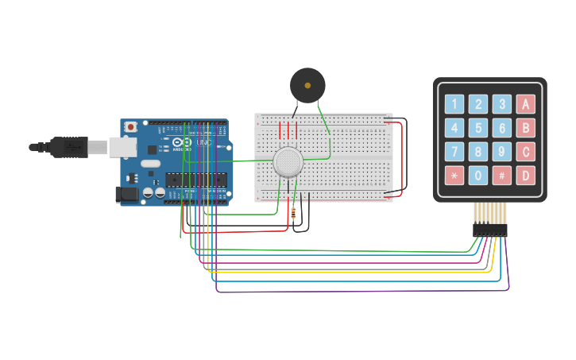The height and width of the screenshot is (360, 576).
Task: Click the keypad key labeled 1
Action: pos(454,103)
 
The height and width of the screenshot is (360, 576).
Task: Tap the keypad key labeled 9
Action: pos(501,151)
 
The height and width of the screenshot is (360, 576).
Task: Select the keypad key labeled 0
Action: pos(477,175)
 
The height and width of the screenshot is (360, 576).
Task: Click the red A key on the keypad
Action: pos(525,103)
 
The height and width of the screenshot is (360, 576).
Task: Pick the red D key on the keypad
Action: pos(525,175)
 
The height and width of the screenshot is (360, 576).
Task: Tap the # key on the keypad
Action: pos(501,175)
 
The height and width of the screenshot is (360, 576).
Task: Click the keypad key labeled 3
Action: pos(501,103)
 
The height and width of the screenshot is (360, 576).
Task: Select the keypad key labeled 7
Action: pos(454,151)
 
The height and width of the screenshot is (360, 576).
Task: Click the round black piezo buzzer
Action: pos(307,84)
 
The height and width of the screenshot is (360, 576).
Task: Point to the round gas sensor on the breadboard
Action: pos(288,162)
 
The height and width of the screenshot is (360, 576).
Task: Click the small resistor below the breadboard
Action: pos(295,214)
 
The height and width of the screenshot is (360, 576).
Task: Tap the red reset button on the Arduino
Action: pos(131,126)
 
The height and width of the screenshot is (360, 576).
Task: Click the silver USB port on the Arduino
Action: pos(122,147)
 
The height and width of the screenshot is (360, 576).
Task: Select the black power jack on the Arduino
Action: pos(127,193)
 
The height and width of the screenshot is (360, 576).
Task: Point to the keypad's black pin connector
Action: pos(489,230)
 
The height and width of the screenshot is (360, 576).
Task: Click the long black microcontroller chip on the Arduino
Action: pos(195,182)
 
